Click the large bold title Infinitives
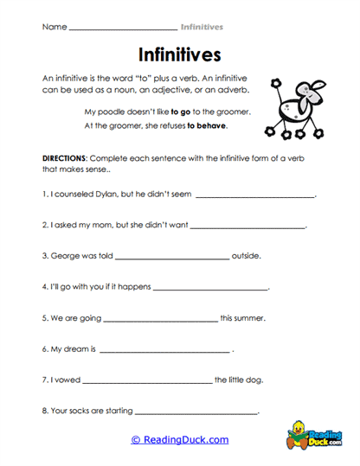tap(179, 55)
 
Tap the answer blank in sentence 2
tap(247, 227)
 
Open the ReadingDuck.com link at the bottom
tap(179, 440)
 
